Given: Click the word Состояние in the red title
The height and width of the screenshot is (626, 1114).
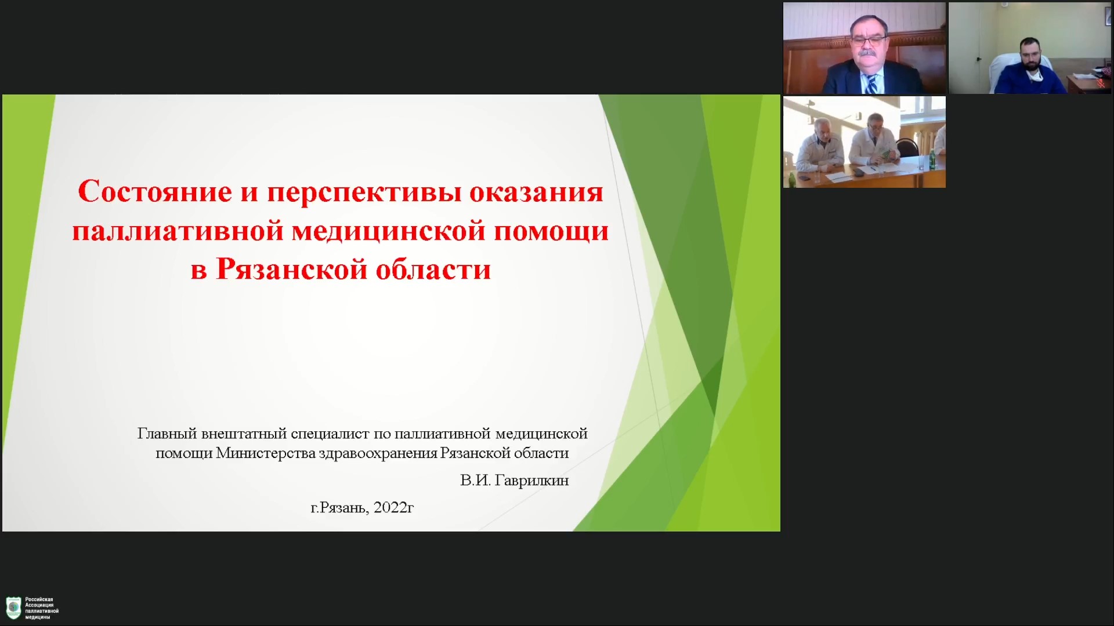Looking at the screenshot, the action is (155, 191).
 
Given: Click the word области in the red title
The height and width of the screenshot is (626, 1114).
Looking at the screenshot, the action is (433, 270).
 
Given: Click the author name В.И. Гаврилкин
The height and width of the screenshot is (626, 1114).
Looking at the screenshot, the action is (515, 481).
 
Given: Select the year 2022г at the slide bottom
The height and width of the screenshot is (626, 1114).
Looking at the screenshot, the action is (393, 508).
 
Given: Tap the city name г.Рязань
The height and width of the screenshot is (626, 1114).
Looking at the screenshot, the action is (339, 508).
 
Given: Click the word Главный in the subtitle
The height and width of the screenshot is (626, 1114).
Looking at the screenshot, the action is (167, 434).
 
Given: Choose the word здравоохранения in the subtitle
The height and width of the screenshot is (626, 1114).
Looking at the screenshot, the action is (378, 453).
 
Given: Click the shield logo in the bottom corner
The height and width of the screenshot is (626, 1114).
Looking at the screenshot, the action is (13, 608).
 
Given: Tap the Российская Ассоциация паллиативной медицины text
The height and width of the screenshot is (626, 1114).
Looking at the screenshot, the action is (42, 608).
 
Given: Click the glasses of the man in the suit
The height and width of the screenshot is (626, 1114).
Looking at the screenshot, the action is (867, 41).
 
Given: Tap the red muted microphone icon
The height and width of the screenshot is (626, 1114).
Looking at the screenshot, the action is (1101, 84).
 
